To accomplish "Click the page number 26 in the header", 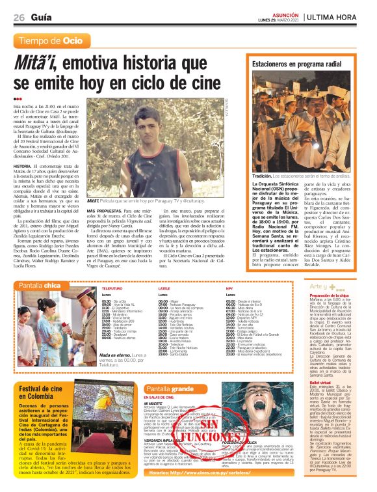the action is [19, 17].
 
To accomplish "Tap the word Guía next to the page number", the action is [42, 17].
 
